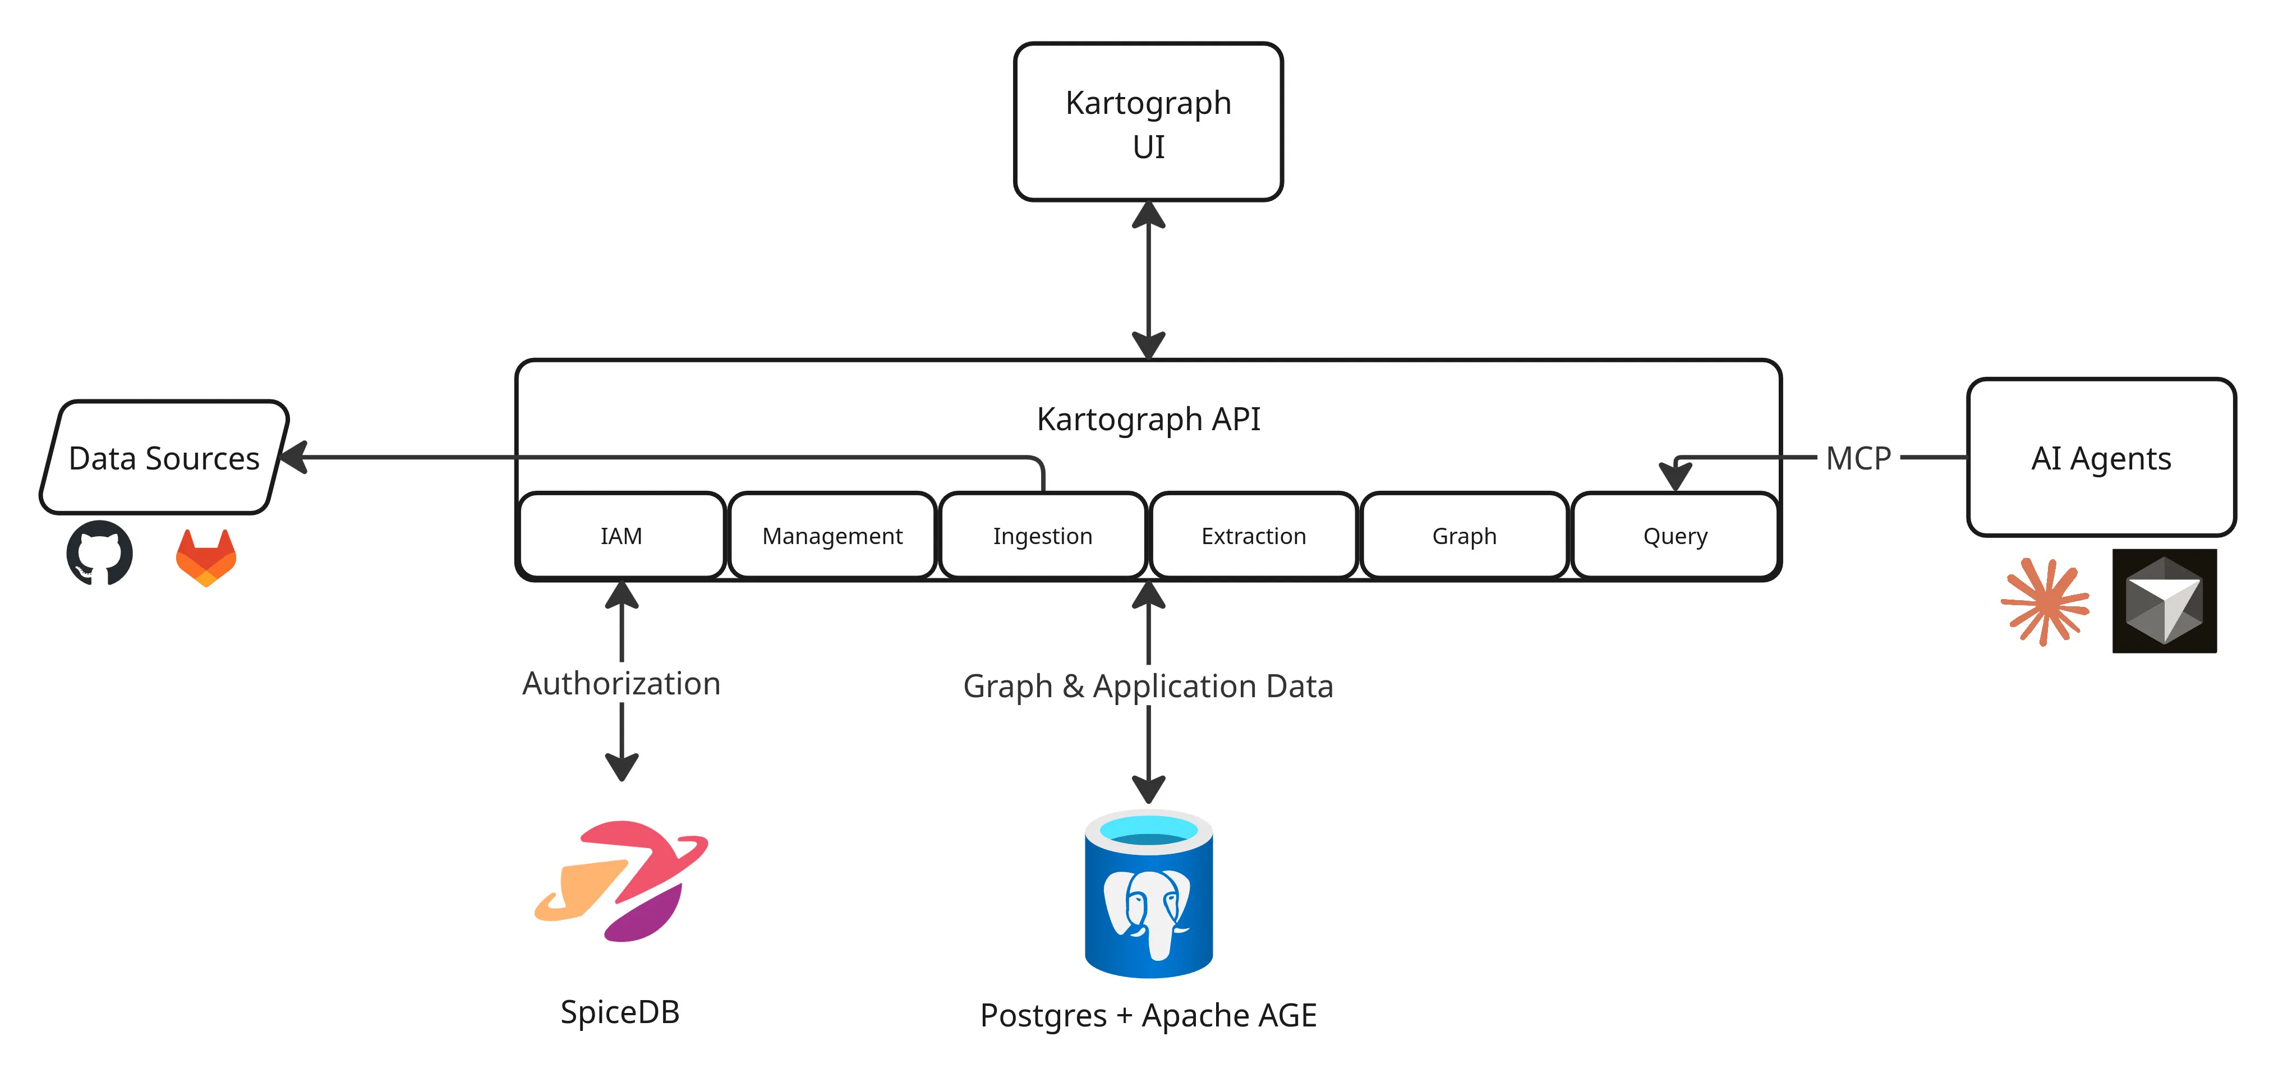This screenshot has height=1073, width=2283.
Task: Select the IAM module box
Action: [622, 536]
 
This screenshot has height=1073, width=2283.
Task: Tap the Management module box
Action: [832, 536]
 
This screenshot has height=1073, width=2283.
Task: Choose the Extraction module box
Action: [1253, 536]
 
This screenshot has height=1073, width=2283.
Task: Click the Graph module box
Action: [1464, 536]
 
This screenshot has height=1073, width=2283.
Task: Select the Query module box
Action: [1674, 536]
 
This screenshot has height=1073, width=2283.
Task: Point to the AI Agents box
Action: [2101, 458]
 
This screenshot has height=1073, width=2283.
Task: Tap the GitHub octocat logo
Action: [99, 554]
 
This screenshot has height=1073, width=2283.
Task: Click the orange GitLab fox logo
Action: [206, 558]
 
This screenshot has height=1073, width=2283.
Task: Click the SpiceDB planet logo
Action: [622, 880]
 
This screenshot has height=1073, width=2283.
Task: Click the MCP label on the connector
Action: [1858, 458]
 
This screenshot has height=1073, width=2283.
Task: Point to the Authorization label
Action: [622, 683]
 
